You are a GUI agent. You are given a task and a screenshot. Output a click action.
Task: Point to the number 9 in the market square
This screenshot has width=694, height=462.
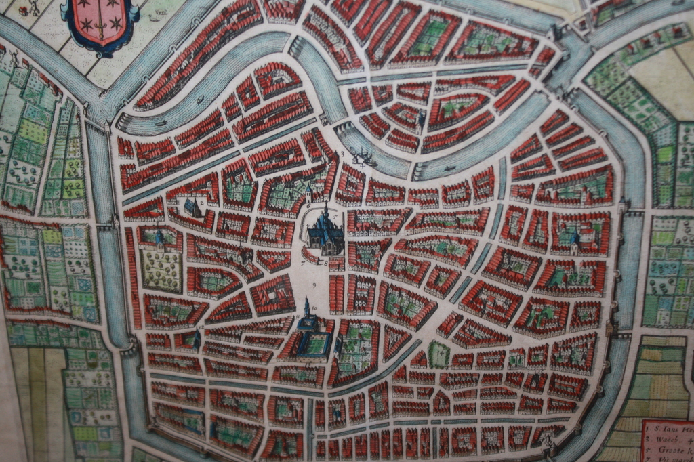pyautogui.click(x=315, y=284)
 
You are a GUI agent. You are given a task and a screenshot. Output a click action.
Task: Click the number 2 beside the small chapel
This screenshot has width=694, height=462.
pyautogui.click(x=202, y=202)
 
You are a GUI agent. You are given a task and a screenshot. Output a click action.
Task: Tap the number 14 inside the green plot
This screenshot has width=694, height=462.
pyautogui.click(x=438, y=353)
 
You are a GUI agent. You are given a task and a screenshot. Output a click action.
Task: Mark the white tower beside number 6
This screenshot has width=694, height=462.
pyautogui.click(x=308, y=192)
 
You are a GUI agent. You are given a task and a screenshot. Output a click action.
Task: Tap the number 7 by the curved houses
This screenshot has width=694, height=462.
pyautogui.click(x=303, y=259)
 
